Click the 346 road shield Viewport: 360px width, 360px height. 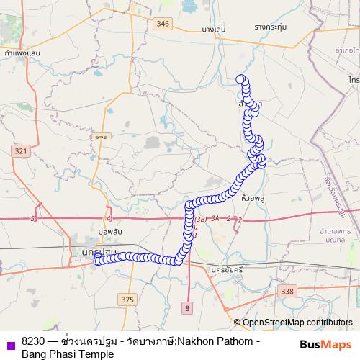tap(163, 24)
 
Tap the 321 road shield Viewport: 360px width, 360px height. tap(19, 150)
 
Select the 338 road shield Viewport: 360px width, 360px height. tap(288, 291)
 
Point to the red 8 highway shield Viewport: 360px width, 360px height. tap(186, 307)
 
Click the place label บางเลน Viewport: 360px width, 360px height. tap(214, 28)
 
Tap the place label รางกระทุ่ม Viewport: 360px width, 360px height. tap(269, 27)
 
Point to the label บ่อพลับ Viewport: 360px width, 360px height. tap(112, 232)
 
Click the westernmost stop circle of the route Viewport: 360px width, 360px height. tap(97, 260)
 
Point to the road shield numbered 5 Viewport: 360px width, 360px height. tap(34, 217)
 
